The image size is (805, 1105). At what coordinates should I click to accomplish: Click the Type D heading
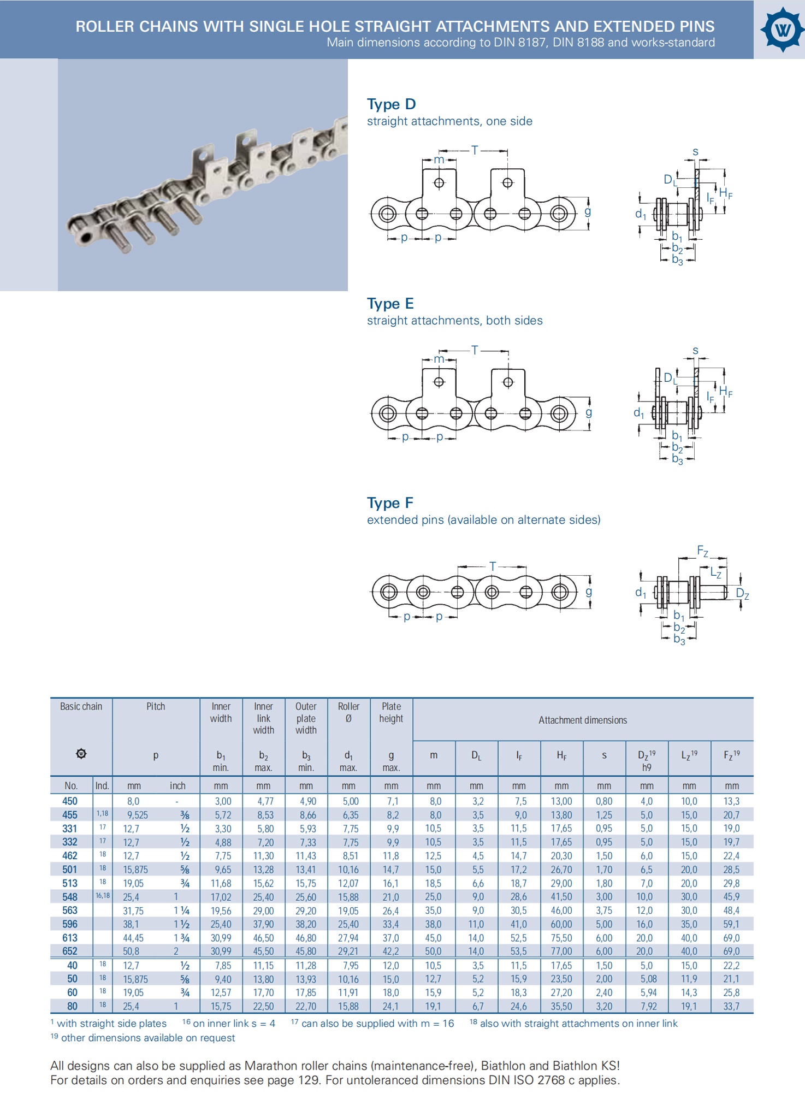coord(391,104)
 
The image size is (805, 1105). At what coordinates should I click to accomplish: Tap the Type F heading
coord(390,503)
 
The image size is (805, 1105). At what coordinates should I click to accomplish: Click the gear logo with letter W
coord(783,29)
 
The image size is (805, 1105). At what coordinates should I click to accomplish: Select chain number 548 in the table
coord(70,897)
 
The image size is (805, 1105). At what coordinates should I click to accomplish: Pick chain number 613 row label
coord(70,938)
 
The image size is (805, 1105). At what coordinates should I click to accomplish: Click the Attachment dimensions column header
coord(583,720)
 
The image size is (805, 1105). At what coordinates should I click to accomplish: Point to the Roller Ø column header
coord(348,712)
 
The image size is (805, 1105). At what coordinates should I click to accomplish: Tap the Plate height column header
coord(391,712)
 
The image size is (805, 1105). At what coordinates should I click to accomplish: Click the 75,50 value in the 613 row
coord(561,938)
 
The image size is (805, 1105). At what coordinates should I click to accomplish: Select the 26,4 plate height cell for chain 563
coord(391,911)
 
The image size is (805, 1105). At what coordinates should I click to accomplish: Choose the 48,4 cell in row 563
coord(731,911)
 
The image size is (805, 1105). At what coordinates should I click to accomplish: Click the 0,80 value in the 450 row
coord(604,801)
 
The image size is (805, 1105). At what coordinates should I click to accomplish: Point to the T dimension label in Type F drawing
coord(493,566)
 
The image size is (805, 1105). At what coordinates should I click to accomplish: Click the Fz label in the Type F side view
coord(702,551)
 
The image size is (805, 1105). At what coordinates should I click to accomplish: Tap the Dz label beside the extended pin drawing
coord(742,594)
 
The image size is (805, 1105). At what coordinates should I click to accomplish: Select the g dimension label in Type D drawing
coord(588,211)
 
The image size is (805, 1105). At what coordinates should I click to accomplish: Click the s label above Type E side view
coord(695,350)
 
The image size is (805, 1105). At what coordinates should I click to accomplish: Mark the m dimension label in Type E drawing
coord(439,359)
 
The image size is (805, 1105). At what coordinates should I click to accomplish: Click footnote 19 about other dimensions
coord(143,1038)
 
